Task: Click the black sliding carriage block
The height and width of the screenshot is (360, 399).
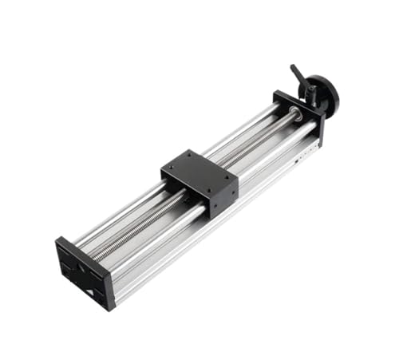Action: click(x=199, y=180)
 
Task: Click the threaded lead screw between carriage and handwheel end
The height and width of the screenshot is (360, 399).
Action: click(x=255, y=144)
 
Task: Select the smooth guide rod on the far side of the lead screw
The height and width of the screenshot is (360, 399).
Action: click(x=239, y=132)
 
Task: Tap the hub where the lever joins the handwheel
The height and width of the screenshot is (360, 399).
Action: click(x=313, y=89)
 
